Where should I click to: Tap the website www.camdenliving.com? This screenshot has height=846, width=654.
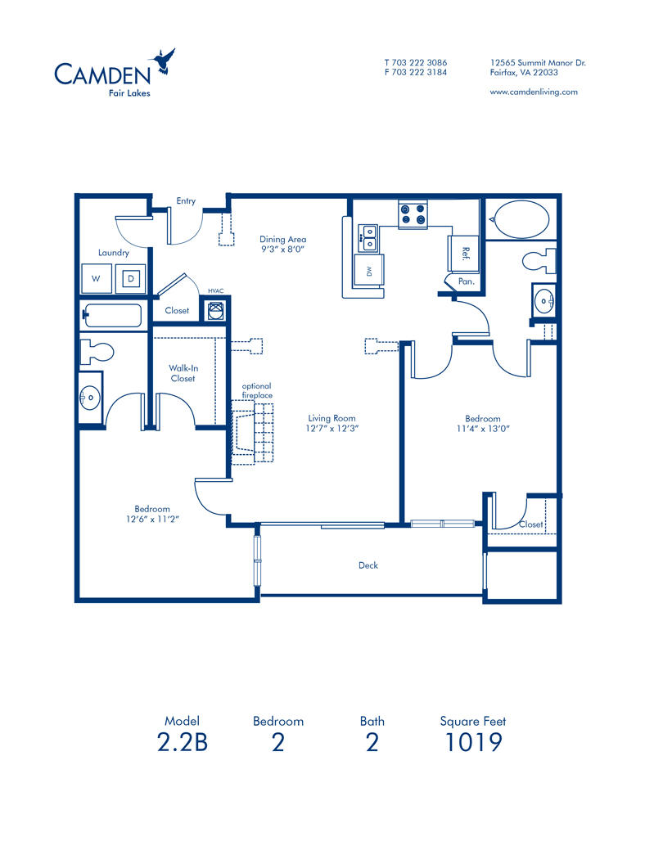point(533,92)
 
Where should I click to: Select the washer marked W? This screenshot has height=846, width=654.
point(97,278)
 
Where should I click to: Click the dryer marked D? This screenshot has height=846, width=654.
point(130,278)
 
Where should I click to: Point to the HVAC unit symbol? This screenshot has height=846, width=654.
point(215,309)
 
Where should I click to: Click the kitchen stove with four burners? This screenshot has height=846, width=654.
point(413,214)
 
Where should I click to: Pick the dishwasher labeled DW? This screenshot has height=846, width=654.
point(368,271)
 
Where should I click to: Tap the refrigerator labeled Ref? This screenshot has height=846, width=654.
point(462,254)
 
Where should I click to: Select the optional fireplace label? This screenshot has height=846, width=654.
point(256,390)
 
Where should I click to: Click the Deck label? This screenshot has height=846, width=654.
point(368,565)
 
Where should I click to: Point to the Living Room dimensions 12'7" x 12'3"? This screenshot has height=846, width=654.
point(332,427)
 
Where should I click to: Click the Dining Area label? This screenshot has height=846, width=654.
point(283,240)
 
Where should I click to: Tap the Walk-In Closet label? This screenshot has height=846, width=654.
point(183,373)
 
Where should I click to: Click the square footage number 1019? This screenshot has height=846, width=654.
point(472,743)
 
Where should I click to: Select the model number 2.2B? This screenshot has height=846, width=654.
point(182,743)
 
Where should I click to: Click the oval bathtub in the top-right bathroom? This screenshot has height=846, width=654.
point(519,219)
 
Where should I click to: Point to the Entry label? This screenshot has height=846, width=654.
point(186,201)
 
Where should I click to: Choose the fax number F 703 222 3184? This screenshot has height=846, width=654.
point(415,72)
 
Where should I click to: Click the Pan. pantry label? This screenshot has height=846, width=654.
point(466,281)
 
